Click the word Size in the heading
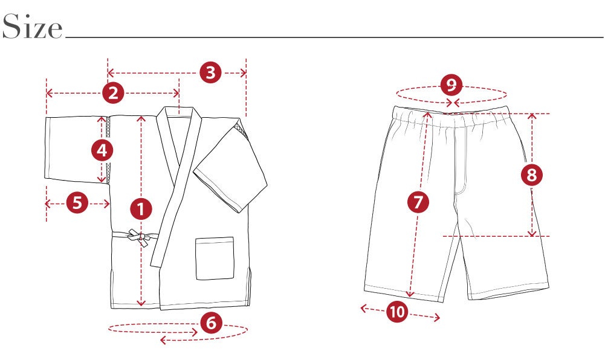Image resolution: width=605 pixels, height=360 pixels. pos(32,26)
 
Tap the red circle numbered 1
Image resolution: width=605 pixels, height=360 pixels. pos(141,209)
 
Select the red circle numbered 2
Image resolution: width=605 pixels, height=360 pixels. pos(113,93)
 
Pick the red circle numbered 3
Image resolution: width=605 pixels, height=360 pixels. pos(211,72)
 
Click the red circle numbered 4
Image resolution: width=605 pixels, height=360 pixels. pos(102,150)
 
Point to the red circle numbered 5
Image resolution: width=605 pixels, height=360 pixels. pos(77,202)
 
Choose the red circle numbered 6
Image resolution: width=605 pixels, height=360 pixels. pos(212,322)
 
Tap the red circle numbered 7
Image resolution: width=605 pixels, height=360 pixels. pos(418,202)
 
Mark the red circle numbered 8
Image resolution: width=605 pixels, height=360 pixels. pos(532,175)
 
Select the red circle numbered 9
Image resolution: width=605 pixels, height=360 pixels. pos(451,85)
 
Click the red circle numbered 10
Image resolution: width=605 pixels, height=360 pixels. pos(398,312)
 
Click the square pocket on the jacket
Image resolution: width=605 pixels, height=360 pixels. pos(215,259)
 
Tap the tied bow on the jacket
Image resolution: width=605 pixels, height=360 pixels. pos(139,237)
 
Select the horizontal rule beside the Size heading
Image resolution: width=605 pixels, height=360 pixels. pos(334,37)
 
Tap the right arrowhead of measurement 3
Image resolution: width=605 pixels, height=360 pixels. pos(243,72)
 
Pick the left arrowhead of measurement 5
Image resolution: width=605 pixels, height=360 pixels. pos(48,204)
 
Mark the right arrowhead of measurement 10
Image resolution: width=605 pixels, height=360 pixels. pos(437,318)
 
